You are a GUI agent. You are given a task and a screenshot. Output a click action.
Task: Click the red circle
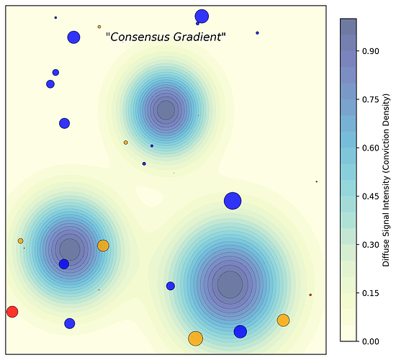pos(12,312)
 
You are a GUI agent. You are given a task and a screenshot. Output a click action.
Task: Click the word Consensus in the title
pos(136,37)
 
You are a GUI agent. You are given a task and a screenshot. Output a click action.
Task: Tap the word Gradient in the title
pos(197,37)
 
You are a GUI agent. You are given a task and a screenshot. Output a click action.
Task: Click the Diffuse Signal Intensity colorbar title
pos(387,179)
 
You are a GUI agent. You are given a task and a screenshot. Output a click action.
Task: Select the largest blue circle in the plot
pos(232,201)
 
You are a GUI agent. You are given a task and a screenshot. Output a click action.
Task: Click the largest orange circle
pos(195,338)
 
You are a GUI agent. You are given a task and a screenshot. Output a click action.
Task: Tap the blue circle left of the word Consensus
pos(73,37)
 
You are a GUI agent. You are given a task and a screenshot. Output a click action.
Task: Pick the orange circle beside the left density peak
pos(103,246)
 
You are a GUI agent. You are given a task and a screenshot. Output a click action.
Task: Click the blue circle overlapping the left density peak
pos(64,264)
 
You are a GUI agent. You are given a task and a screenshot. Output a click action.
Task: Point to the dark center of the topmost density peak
pos(166,110)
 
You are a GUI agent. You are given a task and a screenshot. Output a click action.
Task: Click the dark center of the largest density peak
pos(230,284)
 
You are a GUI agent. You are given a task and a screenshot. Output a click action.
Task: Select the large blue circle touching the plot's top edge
pos(202,17)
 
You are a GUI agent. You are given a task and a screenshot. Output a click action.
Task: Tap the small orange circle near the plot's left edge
pos(20,241)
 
